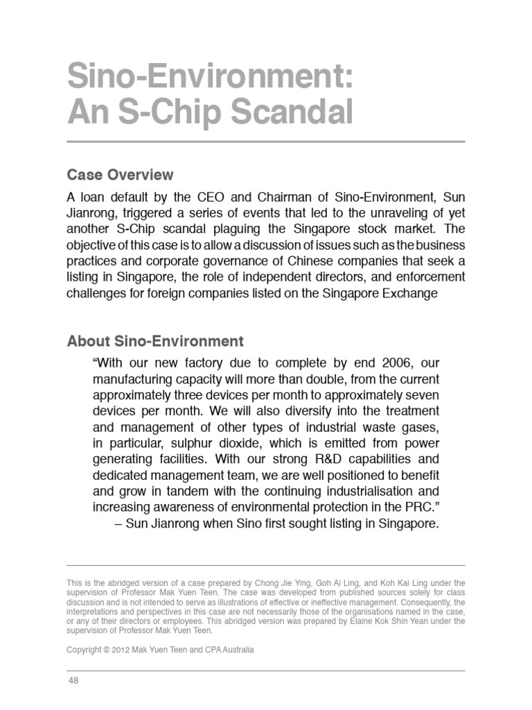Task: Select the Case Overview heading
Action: (x=120, y=174)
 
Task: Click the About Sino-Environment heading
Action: (x=155, y=341)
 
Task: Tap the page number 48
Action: (x=73, y=681)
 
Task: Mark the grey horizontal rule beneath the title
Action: (x=266, y=142)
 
